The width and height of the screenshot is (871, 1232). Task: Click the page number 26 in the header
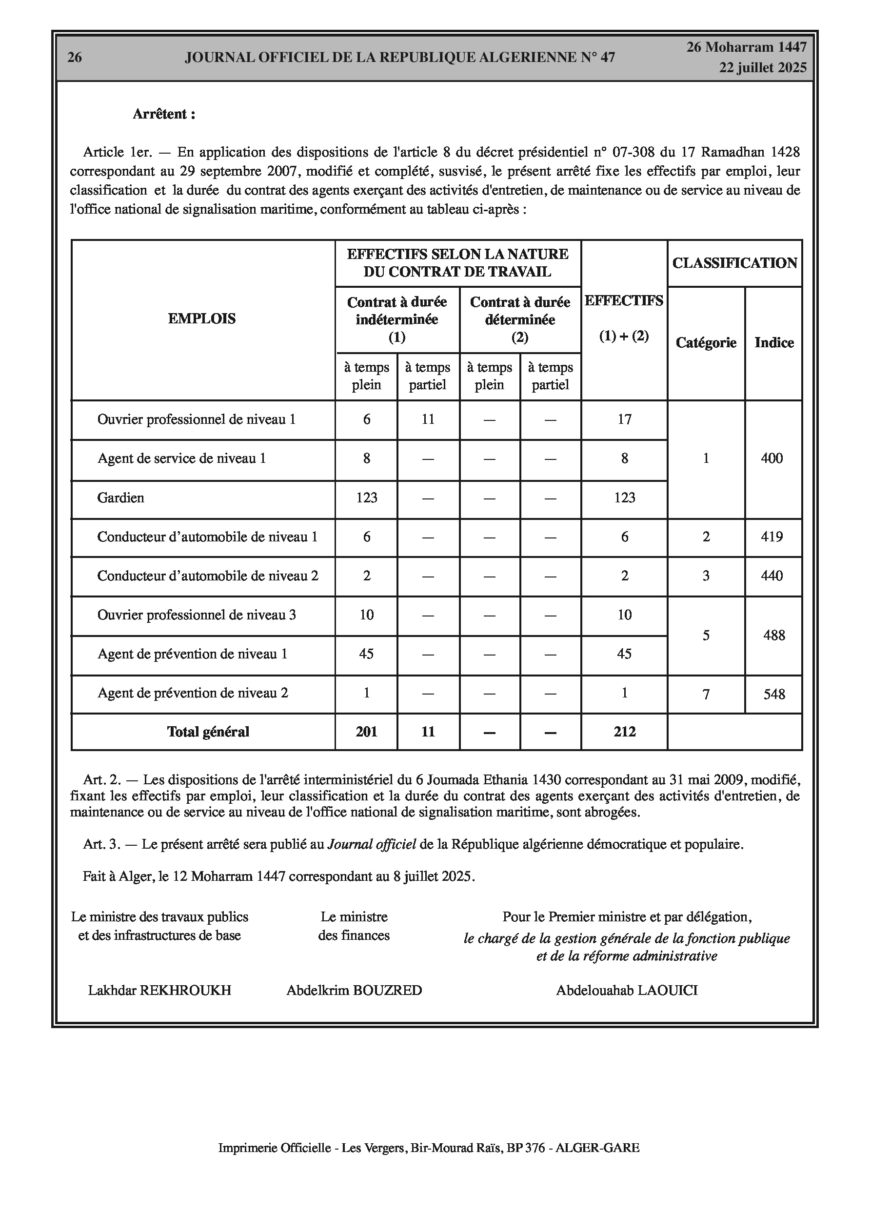[75, 58]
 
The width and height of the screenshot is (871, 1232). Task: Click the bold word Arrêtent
[164, 114]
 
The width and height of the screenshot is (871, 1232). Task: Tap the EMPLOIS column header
[202, 319]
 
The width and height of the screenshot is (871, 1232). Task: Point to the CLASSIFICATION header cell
[734, 263]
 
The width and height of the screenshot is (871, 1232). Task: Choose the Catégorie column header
[706, 342]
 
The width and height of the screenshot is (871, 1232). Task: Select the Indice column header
[773, 342]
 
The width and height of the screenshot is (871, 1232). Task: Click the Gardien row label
[121, 497]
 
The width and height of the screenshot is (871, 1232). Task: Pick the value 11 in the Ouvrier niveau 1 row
[428, 419]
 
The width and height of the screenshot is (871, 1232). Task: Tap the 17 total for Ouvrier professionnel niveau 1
[624, 419]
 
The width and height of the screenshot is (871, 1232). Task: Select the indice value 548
[774, 695]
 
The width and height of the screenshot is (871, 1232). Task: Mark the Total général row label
[208, 732]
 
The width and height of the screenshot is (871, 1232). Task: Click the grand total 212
[625, 732]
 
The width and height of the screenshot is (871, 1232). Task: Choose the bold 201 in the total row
[367, 732]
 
